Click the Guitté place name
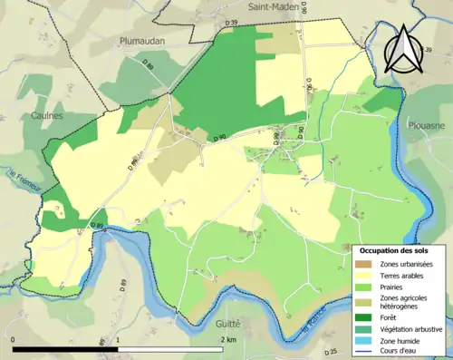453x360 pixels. point(229,323)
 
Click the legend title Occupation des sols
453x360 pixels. point(393,249)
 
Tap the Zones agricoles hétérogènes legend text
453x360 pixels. point(403,303)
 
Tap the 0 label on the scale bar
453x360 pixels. point(14,339)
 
